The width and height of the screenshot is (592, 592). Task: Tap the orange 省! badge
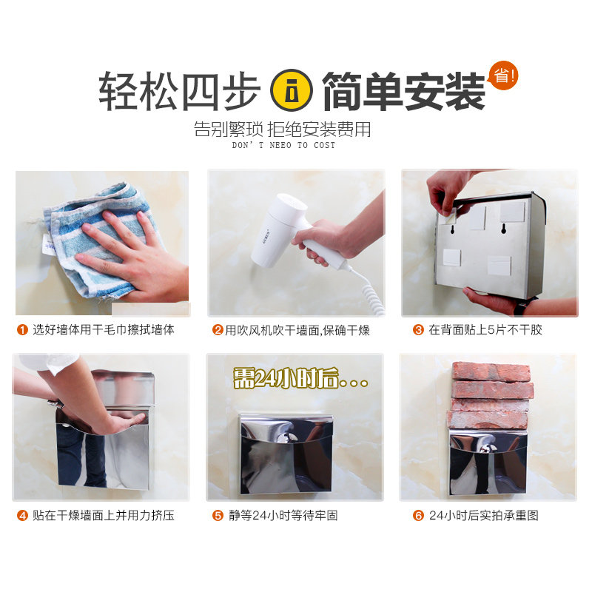(x=504, y=75)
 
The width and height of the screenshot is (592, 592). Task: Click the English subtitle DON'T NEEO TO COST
(x=283, y=145)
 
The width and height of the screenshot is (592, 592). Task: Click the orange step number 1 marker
(x=22, y=330)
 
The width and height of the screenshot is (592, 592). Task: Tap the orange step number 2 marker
(x=218, y=330)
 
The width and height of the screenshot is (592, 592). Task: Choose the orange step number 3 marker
(x=418, y=330)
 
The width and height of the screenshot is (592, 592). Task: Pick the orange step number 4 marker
(x=22, y=516)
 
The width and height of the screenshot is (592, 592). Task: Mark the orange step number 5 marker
(x=218, y=516)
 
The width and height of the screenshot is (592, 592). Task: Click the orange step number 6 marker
(x=418, y=516)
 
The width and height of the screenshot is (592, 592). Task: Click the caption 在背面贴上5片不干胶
(x=485, y=330)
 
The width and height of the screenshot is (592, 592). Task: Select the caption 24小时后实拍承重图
(x=485, y=516)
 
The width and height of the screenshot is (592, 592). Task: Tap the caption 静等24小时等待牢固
(x=285, y=516)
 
